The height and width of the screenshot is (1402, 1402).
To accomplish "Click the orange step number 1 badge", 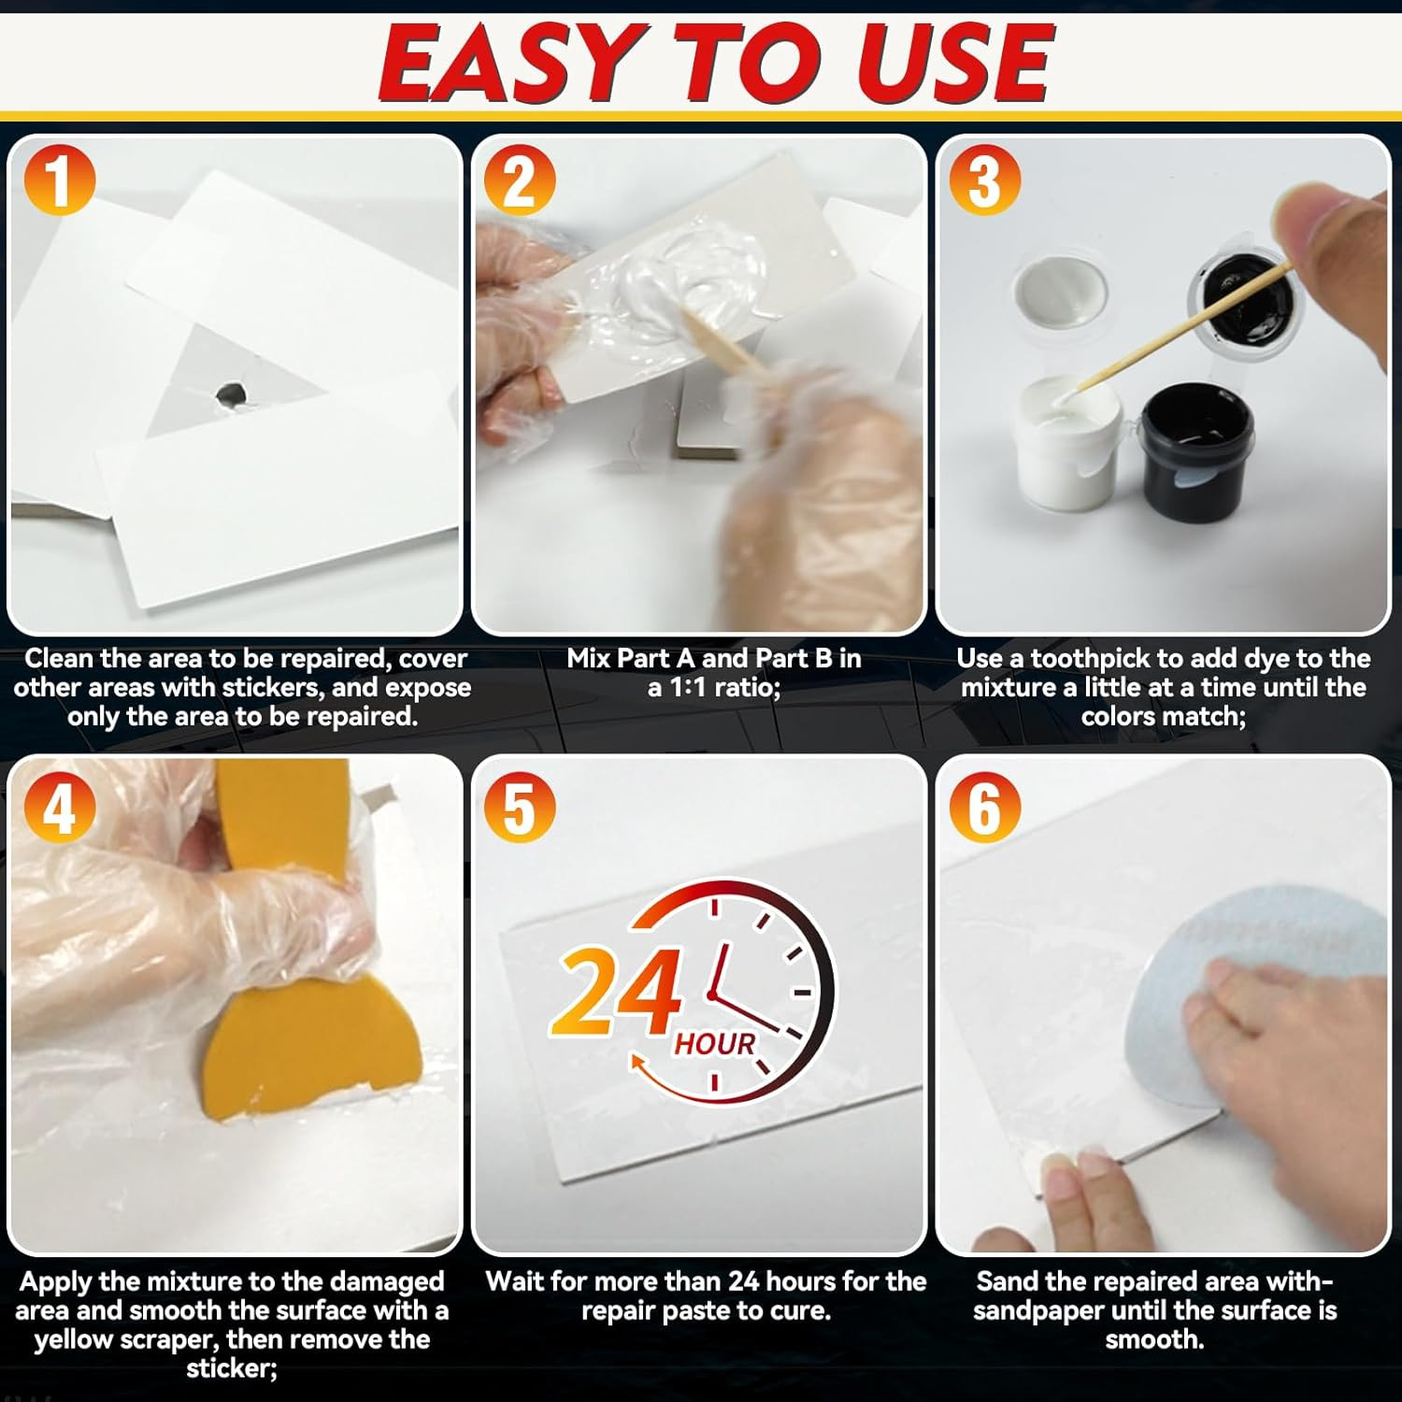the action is pos(59,179).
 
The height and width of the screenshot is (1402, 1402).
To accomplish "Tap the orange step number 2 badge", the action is pos(520,179).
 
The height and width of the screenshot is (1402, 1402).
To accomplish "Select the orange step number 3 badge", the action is pos(984,179).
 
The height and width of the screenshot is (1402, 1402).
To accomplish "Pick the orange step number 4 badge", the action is pos(59,808).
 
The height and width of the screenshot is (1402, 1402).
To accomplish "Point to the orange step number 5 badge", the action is pos(520,808).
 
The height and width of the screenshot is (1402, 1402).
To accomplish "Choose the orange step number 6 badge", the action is pos(984,808).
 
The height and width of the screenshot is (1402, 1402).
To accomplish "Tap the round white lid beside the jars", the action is pos(1061,292).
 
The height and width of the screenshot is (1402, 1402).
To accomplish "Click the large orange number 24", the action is pos(617,993).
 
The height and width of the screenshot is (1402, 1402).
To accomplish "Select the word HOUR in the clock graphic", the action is pos(715,1043).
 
